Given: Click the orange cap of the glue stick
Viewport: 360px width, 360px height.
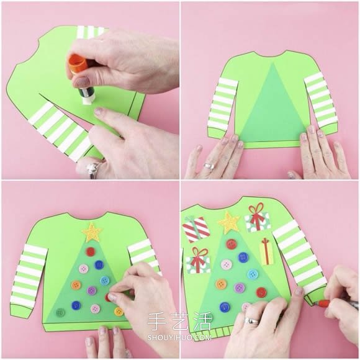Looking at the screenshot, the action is tap(78, 63).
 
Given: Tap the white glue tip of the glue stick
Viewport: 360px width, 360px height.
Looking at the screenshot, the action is tap(88, 101).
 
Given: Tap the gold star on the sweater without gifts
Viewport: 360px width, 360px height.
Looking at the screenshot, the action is tap(92, 233).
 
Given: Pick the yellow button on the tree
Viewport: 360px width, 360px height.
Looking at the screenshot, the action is tap(119, 312).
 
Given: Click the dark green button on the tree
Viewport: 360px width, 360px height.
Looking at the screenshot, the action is tap(60, 312).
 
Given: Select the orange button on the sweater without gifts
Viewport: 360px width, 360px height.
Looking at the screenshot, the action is tap(76, 285).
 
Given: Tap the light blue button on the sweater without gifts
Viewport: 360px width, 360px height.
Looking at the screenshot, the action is tap(105, 281).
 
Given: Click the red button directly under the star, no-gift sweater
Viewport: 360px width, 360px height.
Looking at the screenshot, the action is tap(90, 252).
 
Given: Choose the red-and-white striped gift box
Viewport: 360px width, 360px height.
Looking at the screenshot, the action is tap(196, 228).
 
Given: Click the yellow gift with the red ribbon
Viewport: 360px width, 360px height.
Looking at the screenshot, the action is tap(266, 252).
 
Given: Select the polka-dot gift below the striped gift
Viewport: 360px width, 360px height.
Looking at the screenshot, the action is tap(197, 261).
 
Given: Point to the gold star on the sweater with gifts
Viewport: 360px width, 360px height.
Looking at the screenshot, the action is tap(229, 222).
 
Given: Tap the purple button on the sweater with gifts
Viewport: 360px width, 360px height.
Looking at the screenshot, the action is tap(239, 287).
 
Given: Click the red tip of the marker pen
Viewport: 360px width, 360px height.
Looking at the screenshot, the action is tap(323, 304).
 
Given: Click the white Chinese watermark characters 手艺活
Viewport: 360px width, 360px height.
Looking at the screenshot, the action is tap(179, 322).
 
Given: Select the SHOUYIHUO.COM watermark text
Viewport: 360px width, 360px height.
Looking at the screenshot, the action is tap(179, 338).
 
